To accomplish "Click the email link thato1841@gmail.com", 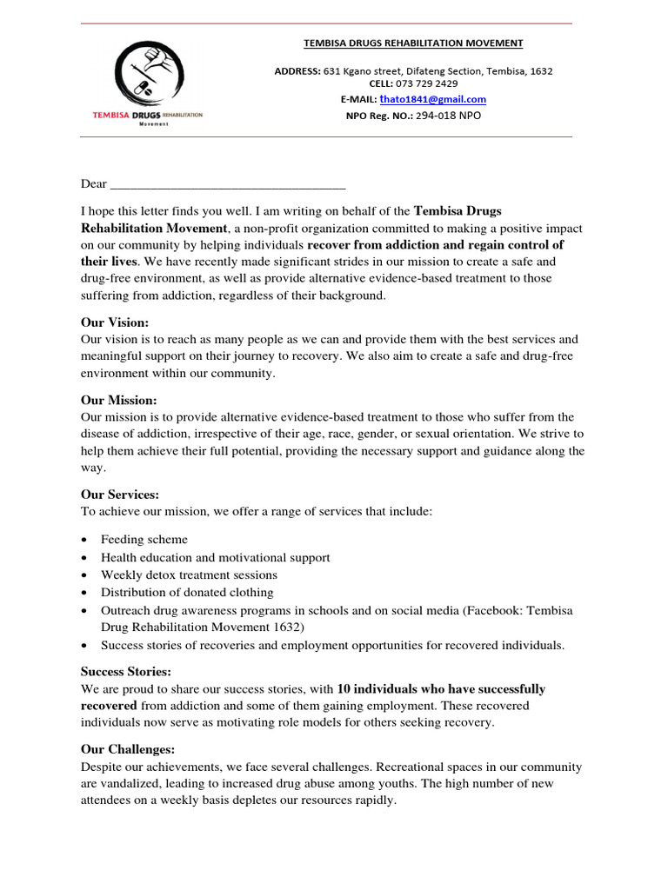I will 432,99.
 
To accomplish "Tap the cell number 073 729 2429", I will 426,84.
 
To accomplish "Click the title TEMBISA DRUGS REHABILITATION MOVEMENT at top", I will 412,43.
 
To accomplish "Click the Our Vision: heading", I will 115,322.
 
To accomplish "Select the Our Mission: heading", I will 119,400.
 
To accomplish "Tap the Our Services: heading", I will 120,495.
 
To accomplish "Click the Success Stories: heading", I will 126,672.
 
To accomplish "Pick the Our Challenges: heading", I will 128,749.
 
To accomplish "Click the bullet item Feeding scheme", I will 144,540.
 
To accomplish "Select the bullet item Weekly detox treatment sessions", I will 189,575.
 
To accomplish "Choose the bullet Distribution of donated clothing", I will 187,593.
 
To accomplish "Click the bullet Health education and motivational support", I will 215,557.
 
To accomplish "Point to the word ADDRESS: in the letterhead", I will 297,70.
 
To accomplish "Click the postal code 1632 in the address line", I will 540,70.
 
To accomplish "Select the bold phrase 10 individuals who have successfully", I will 441,689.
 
